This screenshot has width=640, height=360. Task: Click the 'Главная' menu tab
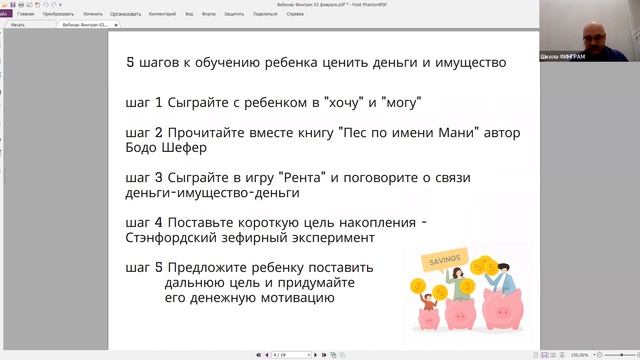(25, 15)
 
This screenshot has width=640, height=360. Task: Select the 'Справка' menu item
(296, 15)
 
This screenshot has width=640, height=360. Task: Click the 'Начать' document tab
(18, 25)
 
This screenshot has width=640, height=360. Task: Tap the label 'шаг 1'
(143, 103)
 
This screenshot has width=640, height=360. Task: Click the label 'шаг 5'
(143, 268)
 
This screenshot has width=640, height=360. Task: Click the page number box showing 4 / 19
(282, 354)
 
